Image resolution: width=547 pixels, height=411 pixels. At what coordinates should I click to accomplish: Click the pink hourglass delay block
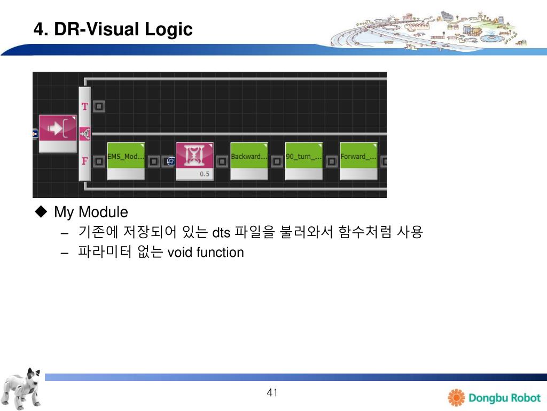click(194, 156)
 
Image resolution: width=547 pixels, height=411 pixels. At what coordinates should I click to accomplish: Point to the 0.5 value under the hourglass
click(204, 174)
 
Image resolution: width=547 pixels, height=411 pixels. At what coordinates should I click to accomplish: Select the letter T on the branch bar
click(84, 106)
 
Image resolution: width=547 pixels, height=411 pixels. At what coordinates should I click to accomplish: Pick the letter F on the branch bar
click(84, 161)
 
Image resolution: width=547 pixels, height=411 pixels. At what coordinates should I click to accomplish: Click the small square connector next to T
click(99, 106)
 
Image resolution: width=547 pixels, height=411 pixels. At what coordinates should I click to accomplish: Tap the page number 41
click(272, 393)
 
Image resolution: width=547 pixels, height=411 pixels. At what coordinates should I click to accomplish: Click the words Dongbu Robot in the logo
click(504, 398)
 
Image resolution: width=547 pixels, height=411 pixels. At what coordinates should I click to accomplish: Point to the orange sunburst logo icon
click(457, 398)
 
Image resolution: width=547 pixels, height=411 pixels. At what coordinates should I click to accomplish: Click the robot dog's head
click(33, 377)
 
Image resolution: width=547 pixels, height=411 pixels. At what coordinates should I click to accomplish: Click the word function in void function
click(220, 253)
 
